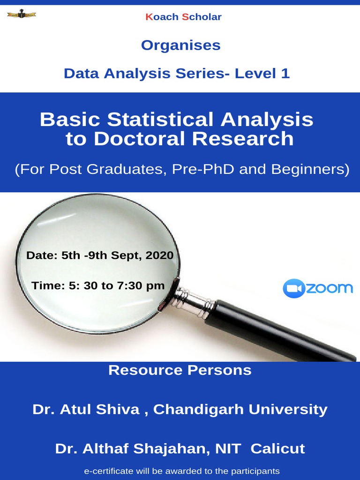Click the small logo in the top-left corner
(22, 15)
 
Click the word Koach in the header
(162, 17)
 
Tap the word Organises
(180, 45)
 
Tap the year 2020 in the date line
(159, 256)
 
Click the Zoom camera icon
(293, 288)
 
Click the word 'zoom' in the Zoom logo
(329, 288)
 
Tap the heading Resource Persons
(180, 370)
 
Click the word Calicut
(277, 449)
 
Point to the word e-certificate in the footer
(105, 471)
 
